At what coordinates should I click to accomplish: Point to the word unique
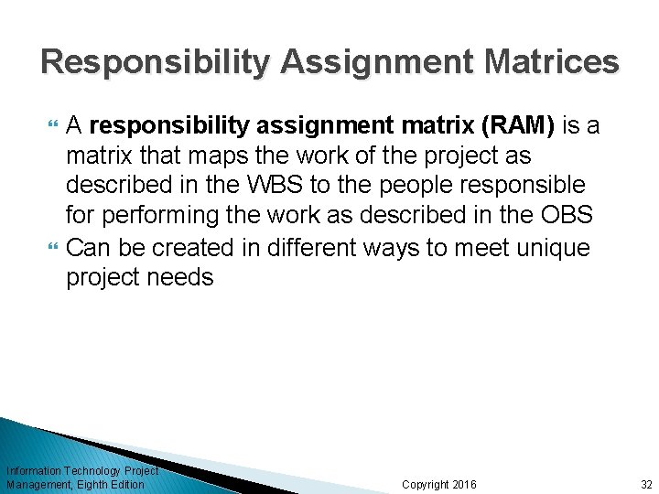coord(550,248)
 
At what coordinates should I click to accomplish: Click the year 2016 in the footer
coord(464,484)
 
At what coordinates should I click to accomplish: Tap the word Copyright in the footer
coord(426,484)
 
